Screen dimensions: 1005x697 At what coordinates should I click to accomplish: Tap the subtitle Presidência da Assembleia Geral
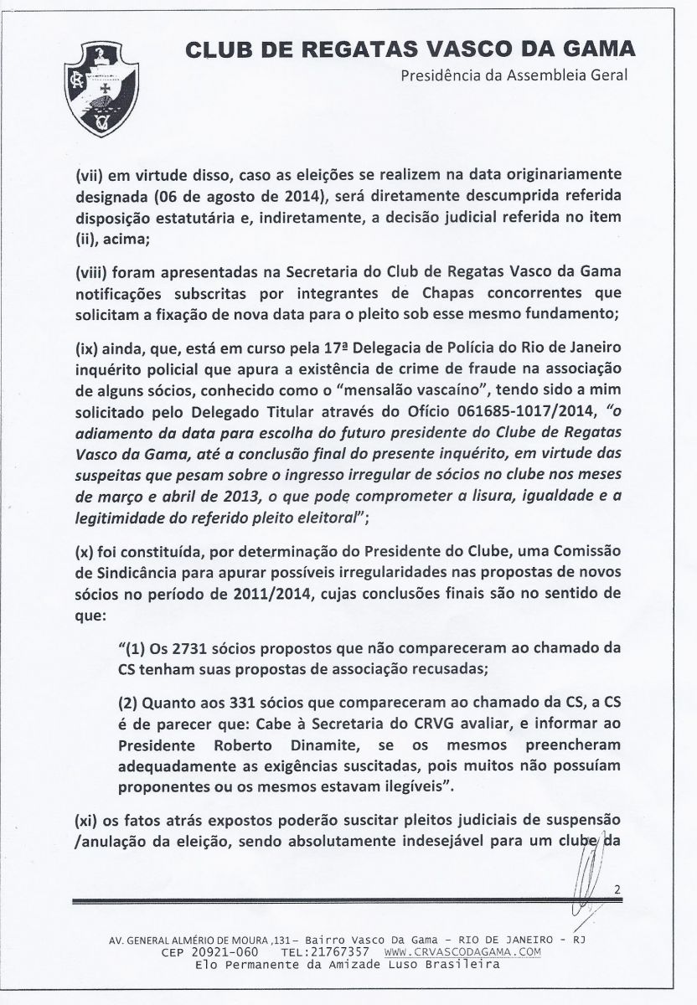(514, 76)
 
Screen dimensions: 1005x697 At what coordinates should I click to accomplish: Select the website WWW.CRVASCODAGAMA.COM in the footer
(462, 952)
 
